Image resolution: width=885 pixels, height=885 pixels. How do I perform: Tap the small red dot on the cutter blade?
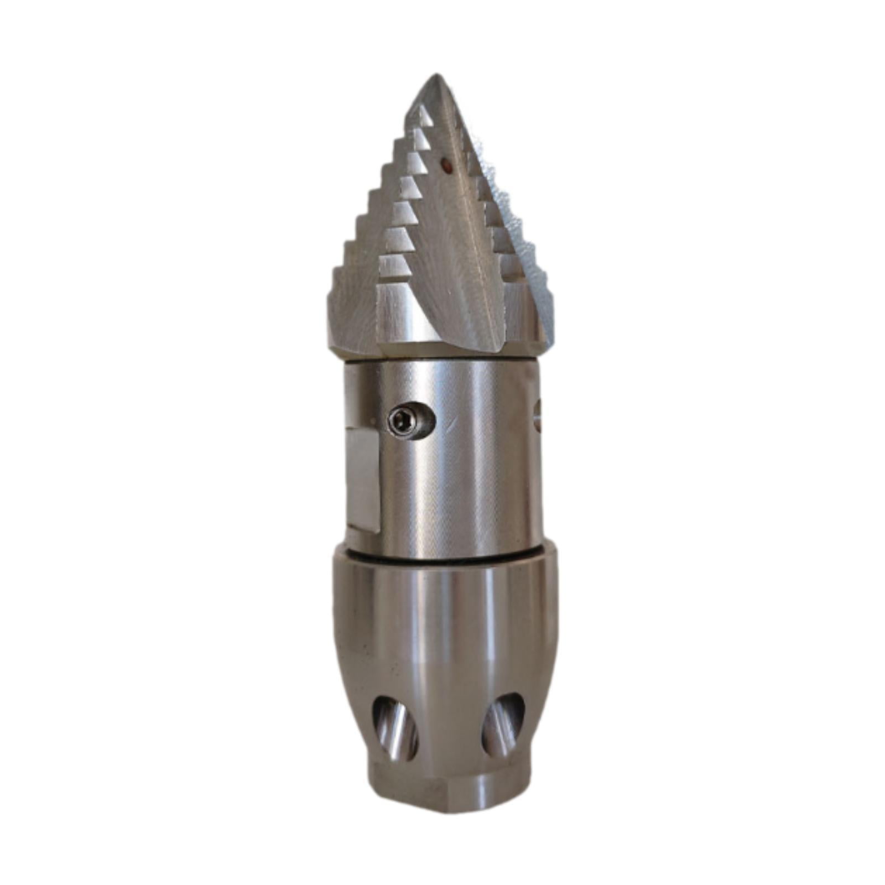(x=444, y=164)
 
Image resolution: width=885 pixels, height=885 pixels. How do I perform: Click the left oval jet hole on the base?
(x=395, y=728)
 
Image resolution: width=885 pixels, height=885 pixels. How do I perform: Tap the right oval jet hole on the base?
(x=502, y=725)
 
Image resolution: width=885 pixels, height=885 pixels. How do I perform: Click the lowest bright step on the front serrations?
(x=396, y=265)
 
